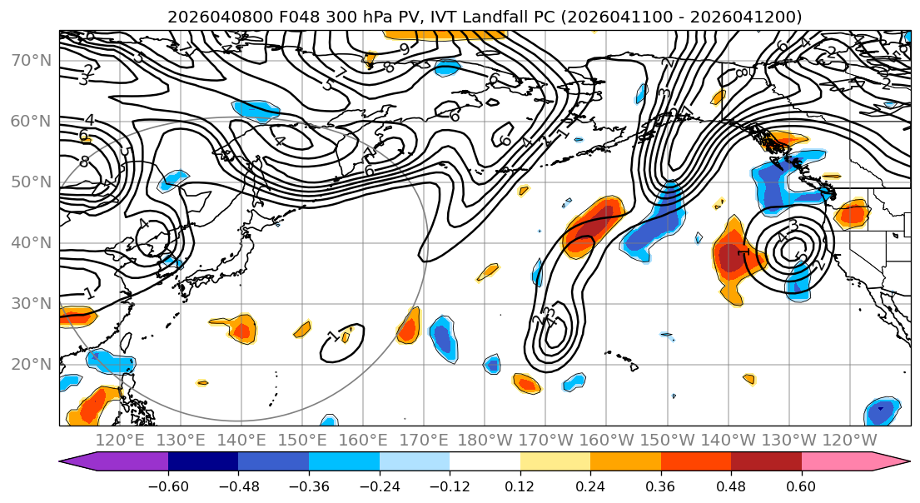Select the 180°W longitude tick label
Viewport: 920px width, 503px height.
point(484,440)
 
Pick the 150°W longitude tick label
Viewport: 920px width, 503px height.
point(667,440)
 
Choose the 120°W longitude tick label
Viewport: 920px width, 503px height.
point(849,440)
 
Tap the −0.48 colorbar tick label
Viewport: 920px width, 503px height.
point(238,485)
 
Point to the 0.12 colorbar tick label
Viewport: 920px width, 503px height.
point(520,485)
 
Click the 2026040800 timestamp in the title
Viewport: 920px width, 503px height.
point(208,17)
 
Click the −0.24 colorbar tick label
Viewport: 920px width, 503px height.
point(379,485)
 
